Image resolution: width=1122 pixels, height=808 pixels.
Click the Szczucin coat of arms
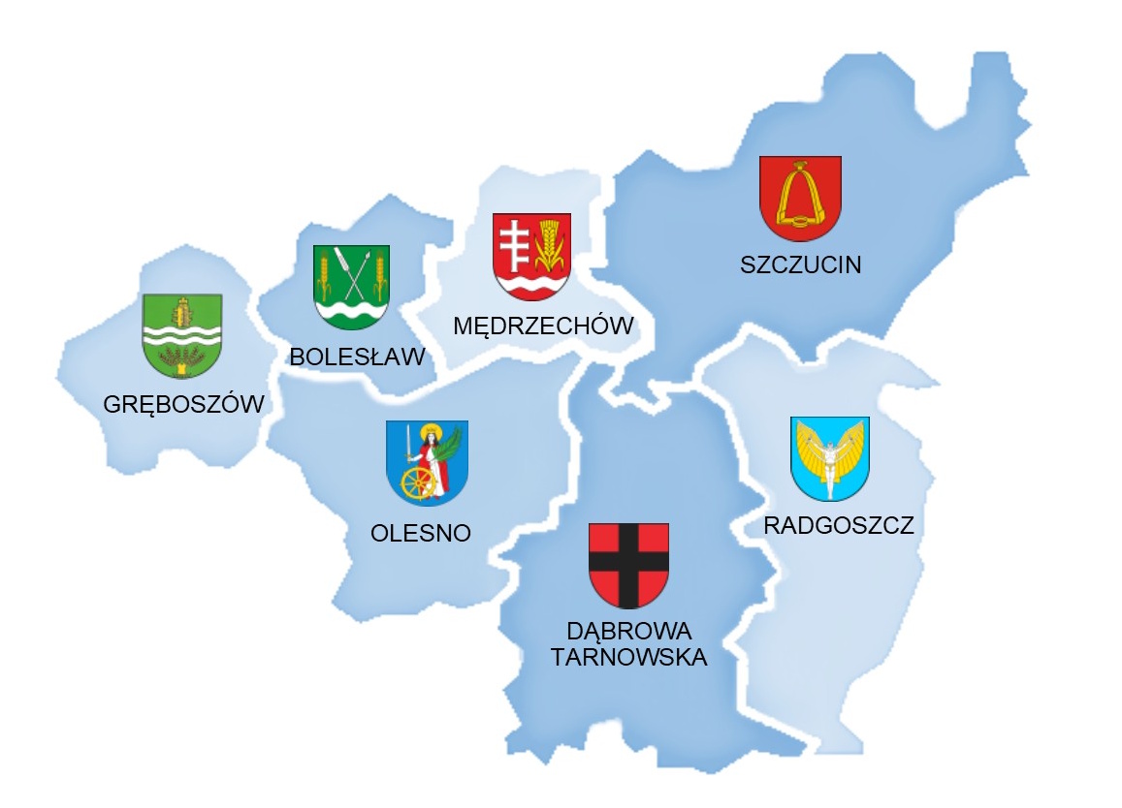click(799, 199)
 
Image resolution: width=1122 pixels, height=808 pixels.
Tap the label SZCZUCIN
click(800, 264)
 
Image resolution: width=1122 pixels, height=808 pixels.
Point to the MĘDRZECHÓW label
click(543, 326)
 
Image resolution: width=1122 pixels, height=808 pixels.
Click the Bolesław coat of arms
click(351, 287)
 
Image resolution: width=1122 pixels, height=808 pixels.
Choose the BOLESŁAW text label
click(357, 357)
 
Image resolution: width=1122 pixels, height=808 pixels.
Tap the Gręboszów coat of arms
click(182, 335)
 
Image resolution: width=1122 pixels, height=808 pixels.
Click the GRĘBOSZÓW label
click(184, 404)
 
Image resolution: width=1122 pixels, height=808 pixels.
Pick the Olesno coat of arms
click(427, 462)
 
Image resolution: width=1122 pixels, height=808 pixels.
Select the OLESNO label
click(421, 533)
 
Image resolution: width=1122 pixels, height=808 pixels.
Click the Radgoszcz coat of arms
click(830, 458)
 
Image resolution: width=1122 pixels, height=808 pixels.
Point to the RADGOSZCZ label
click(839, 526)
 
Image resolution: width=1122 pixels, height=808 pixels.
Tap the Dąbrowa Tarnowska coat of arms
click(628, 565)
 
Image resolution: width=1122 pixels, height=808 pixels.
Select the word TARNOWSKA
click(628, 658)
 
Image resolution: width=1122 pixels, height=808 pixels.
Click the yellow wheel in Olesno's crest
click(418, 482)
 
